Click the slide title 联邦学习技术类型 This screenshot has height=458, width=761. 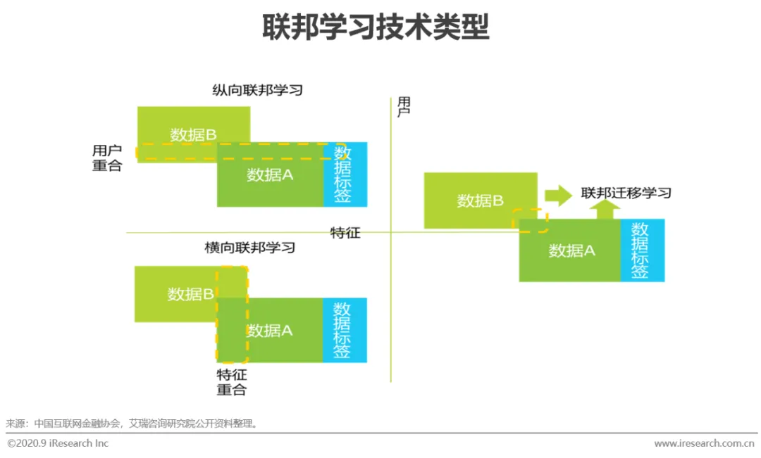[x=376, y=28]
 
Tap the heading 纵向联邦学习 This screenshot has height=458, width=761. [x=257, y=90]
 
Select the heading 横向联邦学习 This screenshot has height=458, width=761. [x=249, y=248]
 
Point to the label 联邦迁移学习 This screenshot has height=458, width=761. [x=626, y=193]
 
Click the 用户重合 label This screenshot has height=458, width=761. [x=107, y=158]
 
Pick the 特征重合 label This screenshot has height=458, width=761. [x=232, y=382]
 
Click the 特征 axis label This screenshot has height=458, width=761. [x=345, y=233]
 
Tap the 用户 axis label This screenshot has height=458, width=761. [x=404, y=107]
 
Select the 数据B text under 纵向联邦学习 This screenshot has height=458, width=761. [x=193, y=135]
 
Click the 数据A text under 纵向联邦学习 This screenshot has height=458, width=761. [x=270, y=175]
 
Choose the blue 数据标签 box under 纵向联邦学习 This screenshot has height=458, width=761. [x=345, y=174]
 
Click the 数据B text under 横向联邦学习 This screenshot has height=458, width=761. [x=190, y=294]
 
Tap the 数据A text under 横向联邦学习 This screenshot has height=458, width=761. [x=270, y=330]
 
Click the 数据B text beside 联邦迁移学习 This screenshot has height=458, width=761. [x=480, y=201]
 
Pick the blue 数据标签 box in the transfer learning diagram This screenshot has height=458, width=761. [x=641, y=250]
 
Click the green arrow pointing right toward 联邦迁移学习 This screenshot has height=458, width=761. [x=558, y=196]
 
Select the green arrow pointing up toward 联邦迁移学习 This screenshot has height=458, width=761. [x=605, y=209]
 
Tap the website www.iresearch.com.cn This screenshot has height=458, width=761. [x=704, y=443]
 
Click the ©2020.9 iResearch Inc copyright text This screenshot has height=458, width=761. [x=58, y=443]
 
